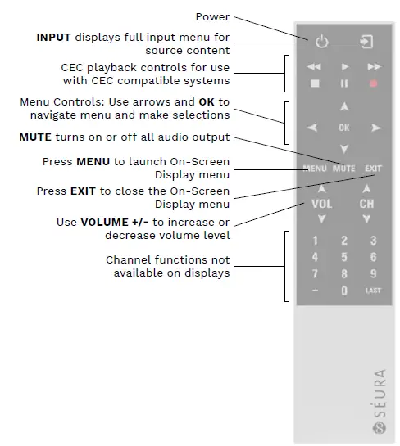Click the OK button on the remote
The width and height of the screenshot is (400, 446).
tap(343, 128)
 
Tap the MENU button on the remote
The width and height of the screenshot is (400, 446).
tap(315, 169)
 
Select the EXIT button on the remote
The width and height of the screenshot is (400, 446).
tap(374, 169)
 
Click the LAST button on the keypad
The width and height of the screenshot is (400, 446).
tap(373, 291)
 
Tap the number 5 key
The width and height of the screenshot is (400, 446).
tap(344, 258)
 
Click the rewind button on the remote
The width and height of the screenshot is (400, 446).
tap(314, 66)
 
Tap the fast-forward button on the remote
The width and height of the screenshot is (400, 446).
tap(374, 66)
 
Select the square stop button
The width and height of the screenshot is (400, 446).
tap(314, 83)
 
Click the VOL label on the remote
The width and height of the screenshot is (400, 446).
tap(321, 204)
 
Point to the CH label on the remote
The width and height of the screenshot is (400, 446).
tap(366, 204)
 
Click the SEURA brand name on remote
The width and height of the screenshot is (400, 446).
tap(380, 393)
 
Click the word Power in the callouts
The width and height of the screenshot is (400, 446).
tap(212, 16)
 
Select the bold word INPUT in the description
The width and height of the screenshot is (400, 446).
tap(54, 38)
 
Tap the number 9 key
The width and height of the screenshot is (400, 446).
tap(374, 274)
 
